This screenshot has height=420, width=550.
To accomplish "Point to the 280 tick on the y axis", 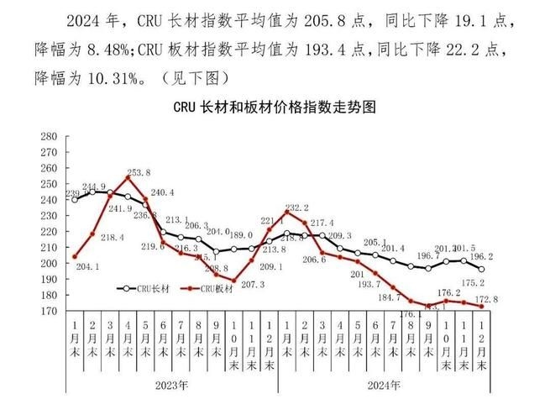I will click(x=48, y=136).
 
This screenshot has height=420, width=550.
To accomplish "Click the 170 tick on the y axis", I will click(x=48, y=311).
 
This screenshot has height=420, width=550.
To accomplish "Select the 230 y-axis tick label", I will click(x=48, y=216).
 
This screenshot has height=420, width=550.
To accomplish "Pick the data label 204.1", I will click(x=86, y=266).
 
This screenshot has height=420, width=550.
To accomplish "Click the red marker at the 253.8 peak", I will click(x=128, y=177).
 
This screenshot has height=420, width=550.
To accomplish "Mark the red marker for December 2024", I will click(x=482, y=307).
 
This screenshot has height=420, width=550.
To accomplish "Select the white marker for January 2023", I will click(x=75, y=199).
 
